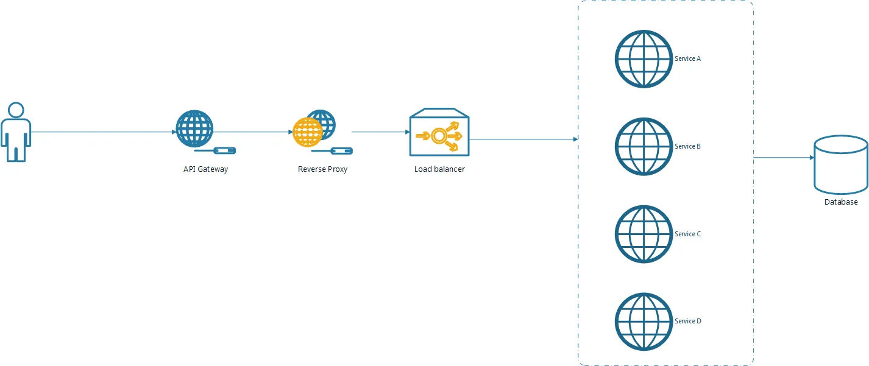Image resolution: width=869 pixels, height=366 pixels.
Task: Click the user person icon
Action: click(x=16, y=132)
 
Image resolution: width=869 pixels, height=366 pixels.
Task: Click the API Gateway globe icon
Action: click(x=194, y=128)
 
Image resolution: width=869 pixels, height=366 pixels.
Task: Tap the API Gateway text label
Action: click(x=205, y=169)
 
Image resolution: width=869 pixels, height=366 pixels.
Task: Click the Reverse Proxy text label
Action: click(x=322, y=169)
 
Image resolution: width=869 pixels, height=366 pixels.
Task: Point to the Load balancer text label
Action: click(x=439, y=169)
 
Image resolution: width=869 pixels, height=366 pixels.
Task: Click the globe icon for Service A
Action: click(x=644, y=59)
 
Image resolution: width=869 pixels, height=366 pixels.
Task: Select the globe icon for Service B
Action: click(x=644, y=147)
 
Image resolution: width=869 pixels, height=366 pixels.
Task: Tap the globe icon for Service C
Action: click(x=644, y=234)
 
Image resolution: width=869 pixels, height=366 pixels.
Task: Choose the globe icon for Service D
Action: click(x=644, y=322)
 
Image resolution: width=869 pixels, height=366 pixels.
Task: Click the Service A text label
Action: click(x=687, y=59)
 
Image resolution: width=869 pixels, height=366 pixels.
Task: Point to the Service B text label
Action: click(x=687, y=147)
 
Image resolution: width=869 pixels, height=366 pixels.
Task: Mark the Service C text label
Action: click(x=687, y=234)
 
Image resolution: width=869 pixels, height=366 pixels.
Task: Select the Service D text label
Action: click(x=687, y=322)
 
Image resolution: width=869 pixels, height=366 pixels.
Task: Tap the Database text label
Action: click(x=841, y=202)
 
